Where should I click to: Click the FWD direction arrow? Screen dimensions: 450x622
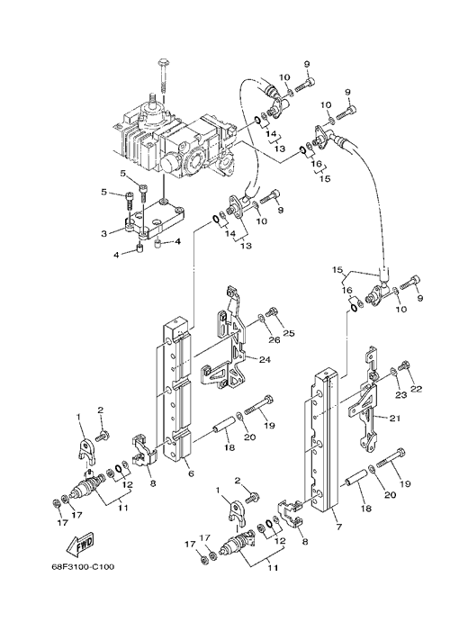79,543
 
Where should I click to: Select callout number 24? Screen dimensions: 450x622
265,359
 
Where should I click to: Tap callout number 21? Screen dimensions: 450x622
394,418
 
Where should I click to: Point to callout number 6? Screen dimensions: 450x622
191,473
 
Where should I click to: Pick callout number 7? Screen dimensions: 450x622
339,527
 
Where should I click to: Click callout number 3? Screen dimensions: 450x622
103,234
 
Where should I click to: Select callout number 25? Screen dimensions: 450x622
289,333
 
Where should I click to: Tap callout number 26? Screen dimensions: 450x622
274,339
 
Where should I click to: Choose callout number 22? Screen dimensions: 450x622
417,388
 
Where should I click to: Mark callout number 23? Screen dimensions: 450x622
400,394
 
